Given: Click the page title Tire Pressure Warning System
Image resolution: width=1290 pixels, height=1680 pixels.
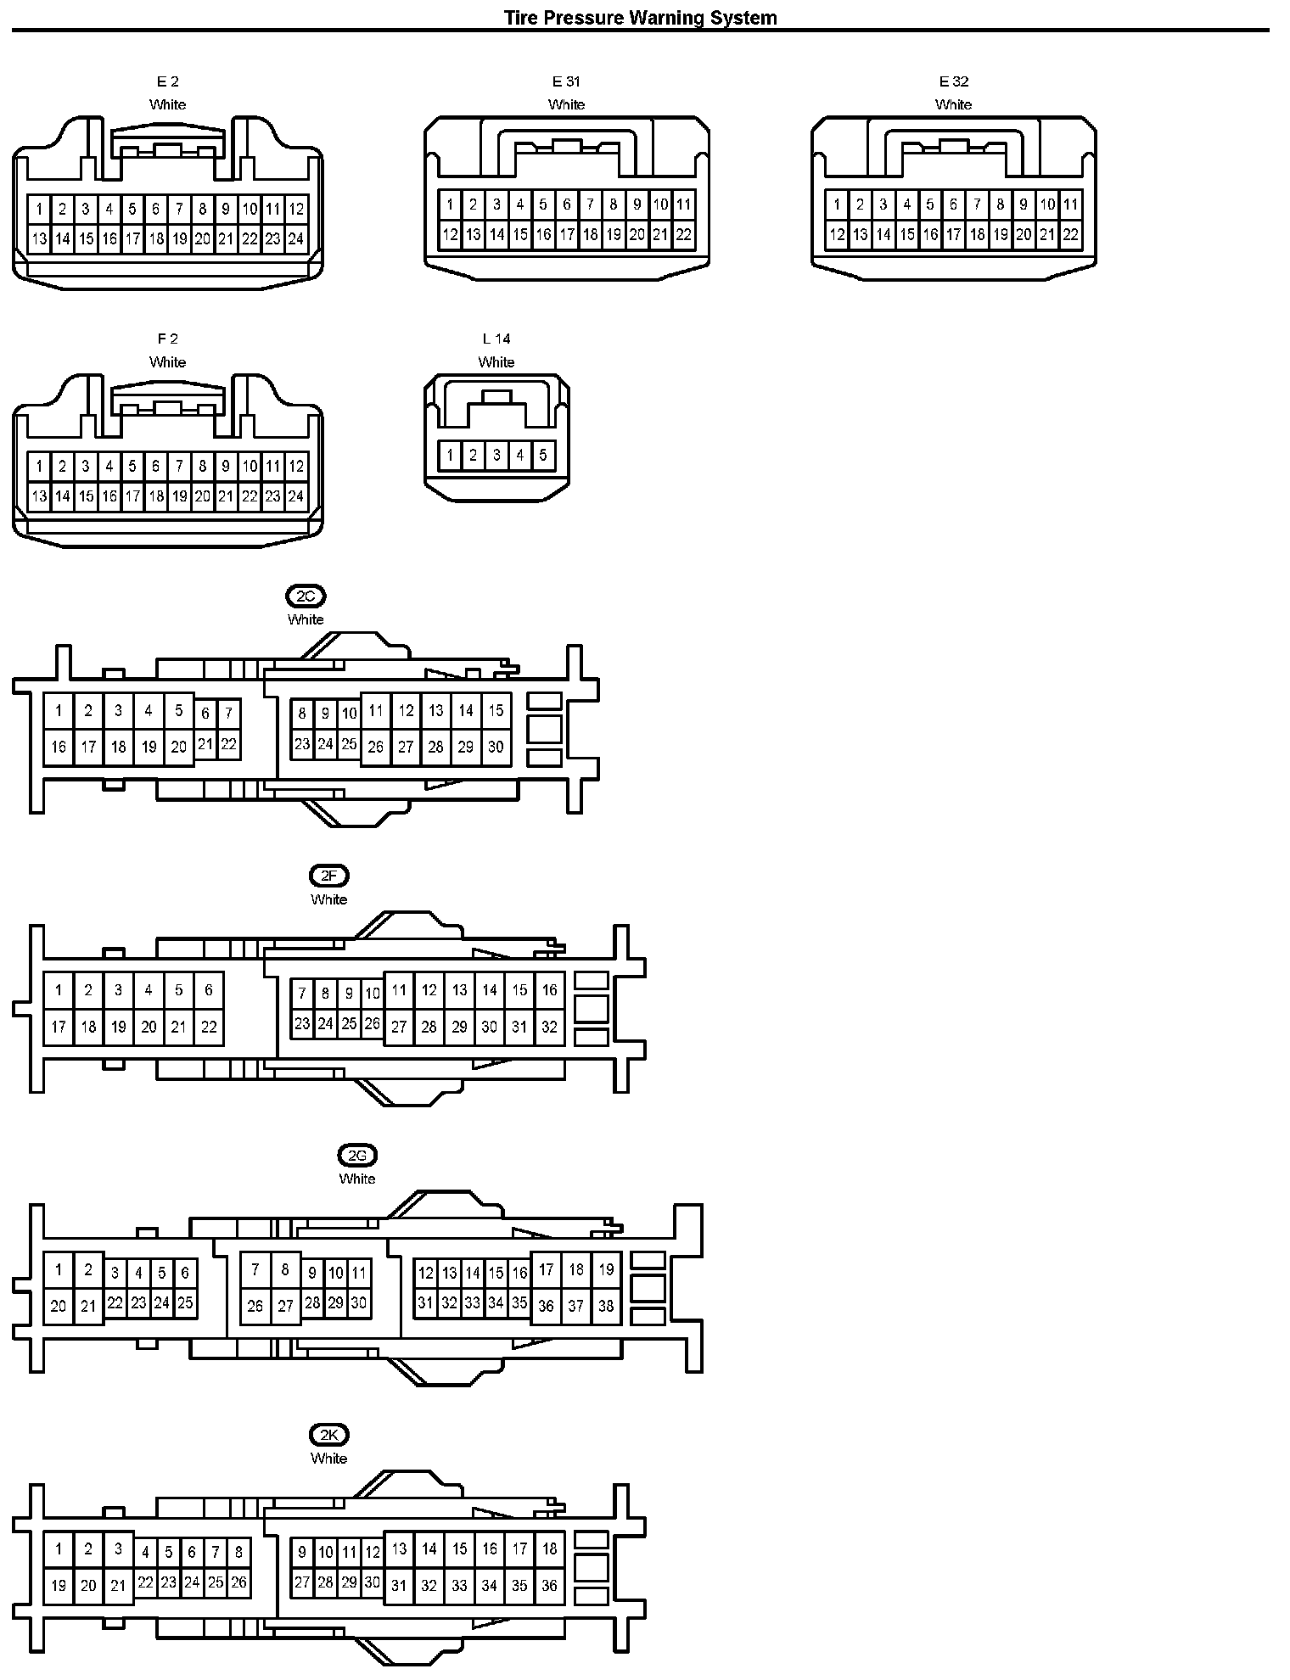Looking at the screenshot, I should [641, 17].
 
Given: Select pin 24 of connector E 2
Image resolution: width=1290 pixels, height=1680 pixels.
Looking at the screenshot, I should [295, 239].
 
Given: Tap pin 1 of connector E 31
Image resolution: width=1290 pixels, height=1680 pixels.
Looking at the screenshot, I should [450, 204].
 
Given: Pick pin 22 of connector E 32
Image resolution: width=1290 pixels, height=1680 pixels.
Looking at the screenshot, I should [1071, 235].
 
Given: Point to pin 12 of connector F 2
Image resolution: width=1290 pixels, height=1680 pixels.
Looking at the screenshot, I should [295, 466].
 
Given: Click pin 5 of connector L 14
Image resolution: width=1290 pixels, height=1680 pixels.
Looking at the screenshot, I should [543, 456].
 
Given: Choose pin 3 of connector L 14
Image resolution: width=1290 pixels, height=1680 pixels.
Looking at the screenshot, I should [496, 456].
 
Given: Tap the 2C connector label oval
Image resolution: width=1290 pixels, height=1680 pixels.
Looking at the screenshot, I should [306, 596].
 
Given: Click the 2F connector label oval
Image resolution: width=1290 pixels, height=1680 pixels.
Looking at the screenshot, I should [328, 876].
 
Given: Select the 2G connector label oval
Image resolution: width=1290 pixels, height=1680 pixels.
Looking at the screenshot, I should [357, 1155].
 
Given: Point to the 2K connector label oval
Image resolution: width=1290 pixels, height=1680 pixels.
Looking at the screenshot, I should [328, 1435].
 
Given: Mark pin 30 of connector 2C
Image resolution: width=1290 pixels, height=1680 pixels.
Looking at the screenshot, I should [496, 748].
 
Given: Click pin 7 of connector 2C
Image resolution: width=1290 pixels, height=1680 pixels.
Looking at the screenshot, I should [228, 714].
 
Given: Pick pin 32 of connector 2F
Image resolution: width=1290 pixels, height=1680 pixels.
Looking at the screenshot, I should [549, 1027].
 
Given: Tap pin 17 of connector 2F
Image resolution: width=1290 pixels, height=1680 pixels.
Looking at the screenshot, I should [59, 1027].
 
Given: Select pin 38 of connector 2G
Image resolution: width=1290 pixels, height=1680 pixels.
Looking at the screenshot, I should [606, 1306].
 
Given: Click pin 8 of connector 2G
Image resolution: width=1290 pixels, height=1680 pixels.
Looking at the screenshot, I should [285, 1270].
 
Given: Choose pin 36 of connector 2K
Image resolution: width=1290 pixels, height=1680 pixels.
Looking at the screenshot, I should [549, 1585].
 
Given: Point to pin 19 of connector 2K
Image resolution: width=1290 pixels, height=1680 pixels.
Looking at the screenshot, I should [59, 1585].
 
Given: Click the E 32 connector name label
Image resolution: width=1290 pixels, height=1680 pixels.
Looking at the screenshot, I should [954, 81].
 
